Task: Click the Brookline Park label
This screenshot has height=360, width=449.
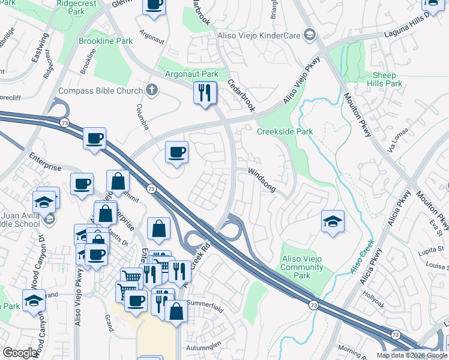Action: [x=106, y=41]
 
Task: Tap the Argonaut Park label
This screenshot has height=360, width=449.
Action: [x=193, y=74]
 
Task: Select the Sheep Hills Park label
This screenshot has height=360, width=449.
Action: [x=387, y=79]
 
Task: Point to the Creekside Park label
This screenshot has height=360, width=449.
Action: [x=285, y=131]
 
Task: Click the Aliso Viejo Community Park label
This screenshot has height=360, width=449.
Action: [x=302, y=267]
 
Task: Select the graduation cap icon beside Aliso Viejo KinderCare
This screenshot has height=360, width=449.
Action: [x=310, y=35]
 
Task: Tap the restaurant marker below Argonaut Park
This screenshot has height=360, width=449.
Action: [x=205, y=92]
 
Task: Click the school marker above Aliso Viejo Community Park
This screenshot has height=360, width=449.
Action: [x=333, y=221]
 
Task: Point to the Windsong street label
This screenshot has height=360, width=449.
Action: [x=262, y=180]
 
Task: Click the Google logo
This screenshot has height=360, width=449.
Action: [x=20, y=353]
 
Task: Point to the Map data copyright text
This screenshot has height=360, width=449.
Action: [x=412, y=355]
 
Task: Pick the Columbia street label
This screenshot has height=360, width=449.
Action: [x=142, y=116]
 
